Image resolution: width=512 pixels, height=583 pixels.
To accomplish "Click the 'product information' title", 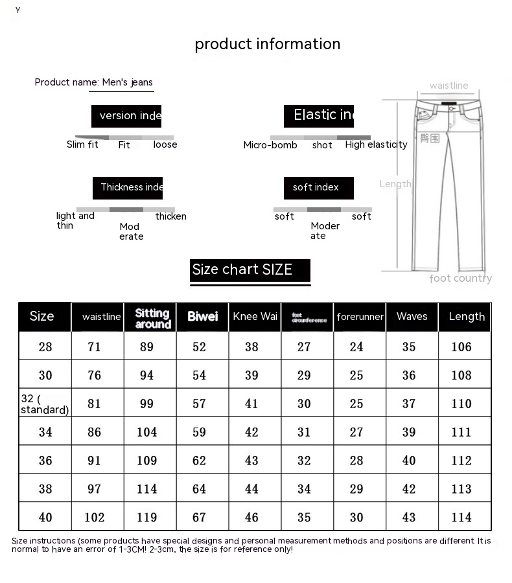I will [267, 44].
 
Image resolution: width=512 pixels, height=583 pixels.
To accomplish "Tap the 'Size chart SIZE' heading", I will [242, 269].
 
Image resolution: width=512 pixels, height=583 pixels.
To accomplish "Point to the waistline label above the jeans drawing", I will [448, 86].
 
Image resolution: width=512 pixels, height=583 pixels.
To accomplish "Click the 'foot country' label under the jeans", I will [460, 279].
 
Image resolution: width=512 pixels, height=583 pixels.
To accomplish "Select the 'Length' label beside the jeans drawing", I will [395, 184].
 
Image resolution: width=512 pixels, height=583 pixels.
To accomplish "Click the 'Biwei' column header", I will [202, 317].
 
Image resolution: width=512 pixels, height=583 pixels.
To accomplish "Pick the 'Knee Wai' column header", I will [255, 317].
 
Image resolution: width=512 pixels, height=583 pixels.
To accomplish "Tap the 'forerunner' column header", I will [360, 317].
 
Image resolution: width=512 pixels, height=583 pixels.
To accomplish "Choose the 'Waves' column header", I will [412, 317].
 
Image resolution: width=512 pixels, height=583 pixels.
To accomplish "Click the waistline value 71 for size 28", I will [95, 347].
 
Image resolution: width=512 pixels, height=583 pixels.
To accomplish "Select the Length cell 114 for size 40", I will [461, 518].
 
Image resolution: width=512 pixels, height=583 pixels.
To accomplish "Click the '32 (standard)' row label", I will [44, 404].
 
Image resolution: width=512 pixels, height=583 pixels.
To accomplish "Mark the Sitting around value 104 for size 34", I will [147, 432].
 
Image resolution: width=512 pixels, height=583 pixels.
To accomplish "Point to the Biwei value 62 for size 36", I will [199, 461].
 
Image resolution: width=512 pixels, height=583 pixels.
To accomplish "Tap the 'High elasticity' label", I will [376, 144].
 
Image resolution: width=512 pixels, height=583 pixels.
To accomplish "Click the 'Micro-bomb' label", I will [270, 145].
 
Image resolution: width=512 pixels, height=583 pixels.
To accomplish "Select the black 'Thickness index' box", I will [128, 188].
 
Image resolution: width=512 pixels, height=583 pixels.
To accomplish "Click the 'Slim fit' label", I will [82, 144].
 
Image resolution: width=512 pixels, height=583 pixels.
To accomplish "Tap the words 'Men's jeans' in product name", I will [128, 82].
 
